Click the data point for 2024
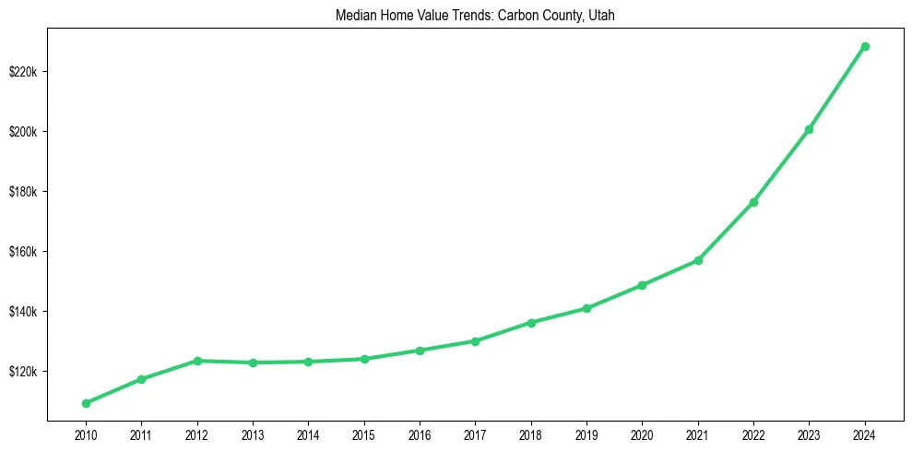(865, 46)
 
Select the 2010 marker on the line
(86, 403)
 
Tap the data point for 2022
(753, 202)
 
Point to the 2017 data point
(475, 341)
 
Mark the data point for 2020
(642, 285)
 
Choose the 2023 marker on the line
(809, 129)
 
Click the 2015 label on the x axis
(364, 433)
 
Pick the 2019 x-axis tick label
(586, 433)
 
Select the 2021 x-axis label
(698, 433)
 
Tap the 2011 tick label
(141, 433)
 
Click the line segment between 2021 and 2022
(726, 232)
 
